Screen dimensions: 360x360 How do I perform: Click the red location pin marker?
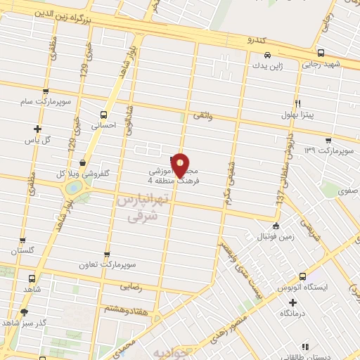(181, 165)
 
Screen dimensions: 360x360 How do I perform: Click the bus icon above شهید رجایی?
(321, 53)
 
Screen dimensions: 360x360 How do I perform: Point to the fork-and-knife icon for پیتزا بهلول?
(299, 103)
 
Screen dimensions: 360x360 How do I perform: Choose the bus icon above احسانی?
(104, 114)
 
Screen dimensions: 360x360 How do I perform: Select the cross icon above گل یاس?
(37, 129)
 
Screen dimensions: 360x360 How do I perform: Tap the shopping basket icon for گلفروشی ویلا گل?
(83, 162)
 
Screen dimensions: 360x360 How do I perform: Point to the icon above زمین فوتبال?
(276, 226)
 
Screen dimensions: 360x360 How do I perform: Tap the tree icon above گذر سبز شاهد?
(24, 311)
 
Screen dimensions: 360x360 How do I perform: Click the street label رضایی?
(131, 286)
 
